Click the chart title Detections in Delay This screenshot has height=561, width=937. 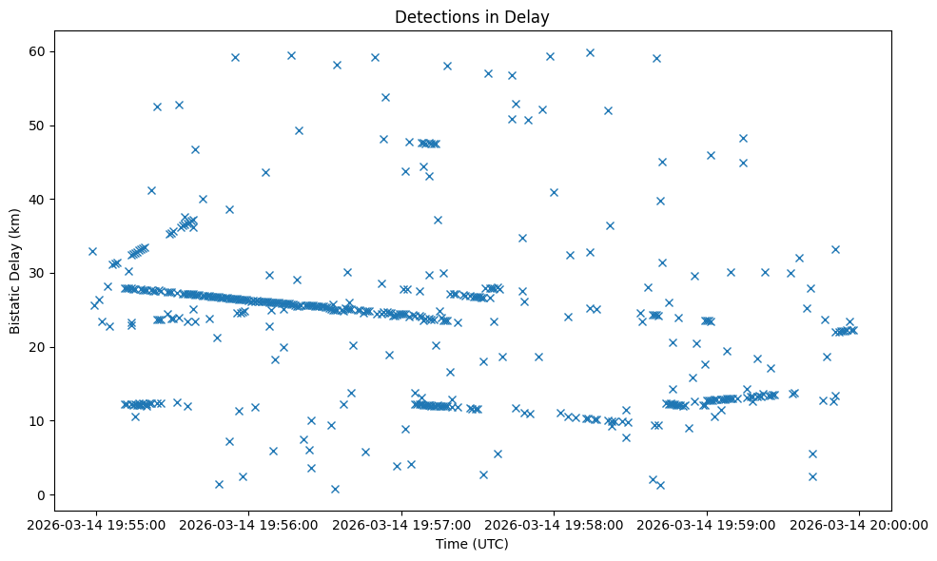(x=473, y=16)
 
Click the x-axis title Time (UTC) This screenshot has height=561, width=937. (x=473, y=545)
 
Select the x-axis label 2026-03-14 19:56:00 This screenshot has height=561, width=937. (x=249, y=524)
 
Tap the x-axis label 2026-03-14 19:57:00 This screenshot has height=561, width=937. (x=401, y=524)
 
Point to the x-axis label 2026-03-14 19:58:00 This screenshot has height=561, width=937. (x=555, y=524)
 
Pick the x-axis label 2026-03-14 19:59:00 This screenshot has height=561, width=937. (x=707, y=524)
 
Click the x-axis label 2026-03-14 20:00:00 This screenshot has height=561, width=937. (x=859, y=524)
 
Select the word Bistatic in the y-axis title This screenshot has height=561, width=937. (x=16, y=308)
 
